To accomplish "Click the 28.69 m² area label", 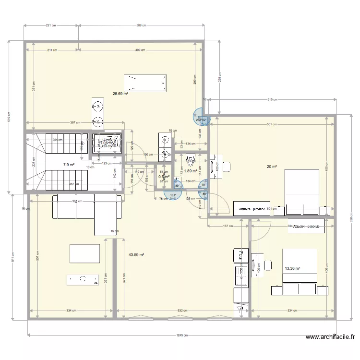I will click(x=120, y=94).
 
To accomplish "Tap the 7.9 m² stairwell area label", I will click(x=69, y=165).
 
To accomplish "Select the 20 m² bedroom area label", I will click(x=272, y=167).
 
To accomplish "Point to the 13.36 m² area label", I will click(x=292, y=269).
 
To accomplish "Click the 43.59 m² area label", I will click(x=137, y=255).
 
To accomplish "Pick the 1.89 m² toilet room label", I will click(x=191, y=170).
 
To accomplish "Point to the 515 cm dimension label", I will click(x=272, y=100).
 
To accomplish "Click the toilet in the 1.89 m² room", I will click(x=190, y=156).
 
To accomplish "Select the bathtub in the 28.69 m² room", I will click(x=146, y=83).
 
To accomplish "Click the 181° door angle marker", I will click(x=172, y=195).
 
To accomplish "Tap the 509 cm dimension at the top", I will click(x=142, y=25).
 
